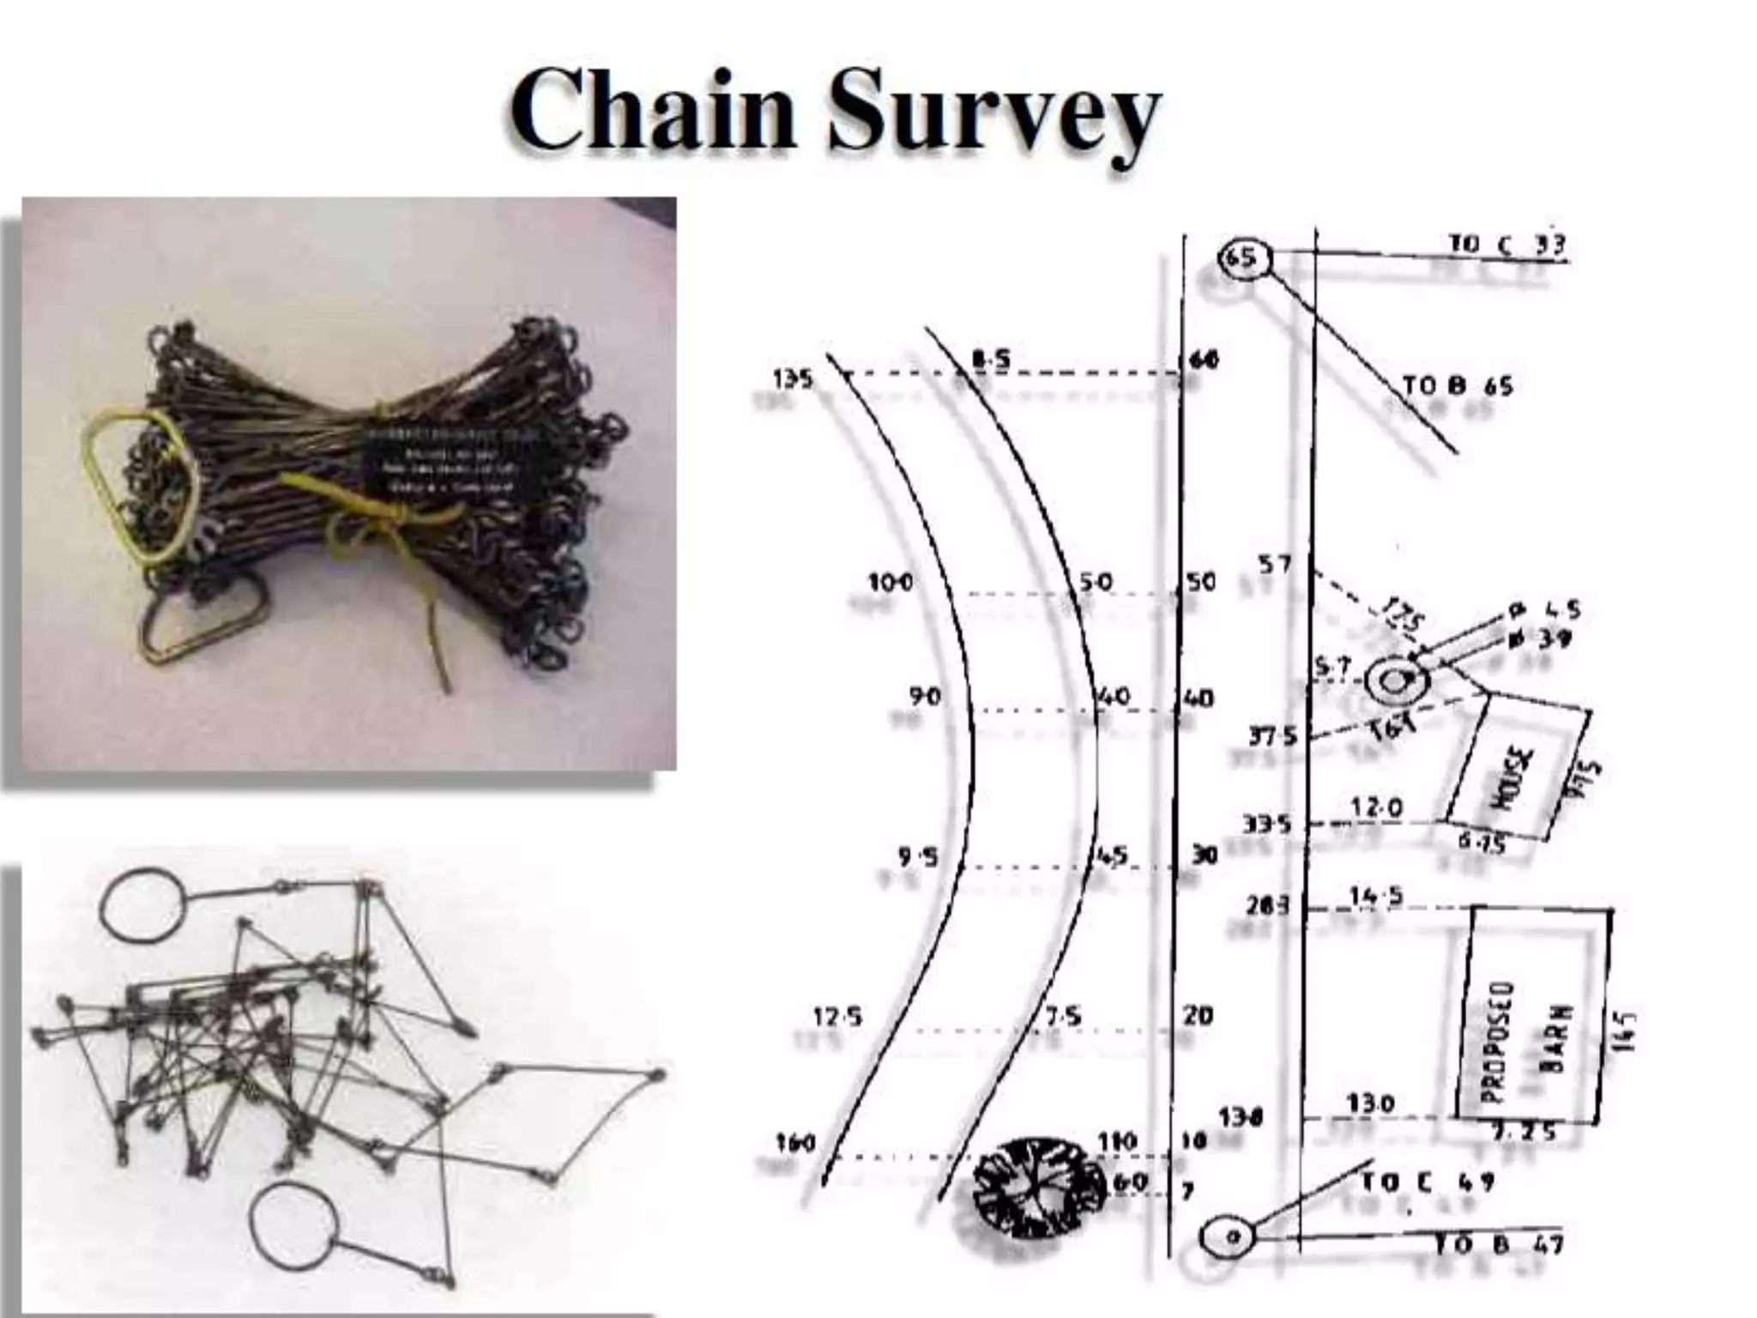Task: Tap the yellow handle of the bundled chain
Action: [x=142, y=485]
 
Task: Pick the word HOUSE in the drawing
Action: [x=1515, y=777]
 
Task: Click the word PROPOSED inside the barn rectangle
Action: [x=1492, y=1043]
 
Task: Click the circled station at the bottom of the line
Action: [x=1228, y=1236]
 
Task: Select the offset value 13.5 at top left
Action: [x=794, y=378]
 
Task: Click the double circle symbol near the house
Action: [x=1397, y=680]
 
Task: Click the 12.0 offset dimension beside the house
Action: [x=1376, y=807]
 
